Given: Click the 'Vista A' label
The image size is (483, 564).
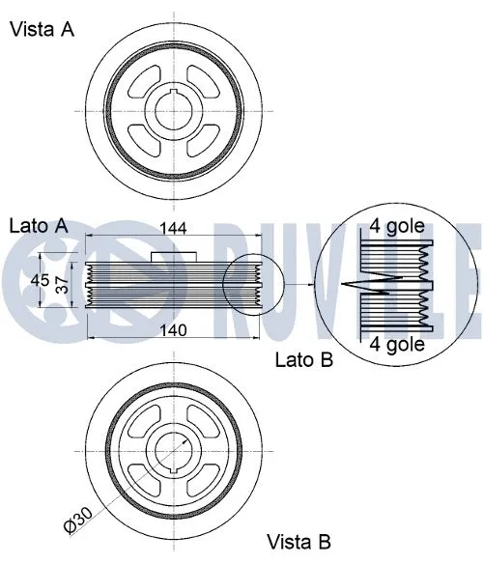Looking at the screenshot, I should pos(42,29).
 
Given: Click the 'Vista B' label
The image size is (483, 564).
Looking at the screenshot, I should pos(298,542).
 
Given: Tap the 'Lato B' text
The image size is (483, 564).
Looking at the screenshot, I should pos(304,360).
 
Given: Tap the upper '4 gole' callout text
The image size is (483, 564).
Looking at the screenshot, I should pos(397,227).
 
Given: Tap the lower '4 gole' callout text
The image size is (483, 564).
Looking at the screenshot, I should pos(397,343).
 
